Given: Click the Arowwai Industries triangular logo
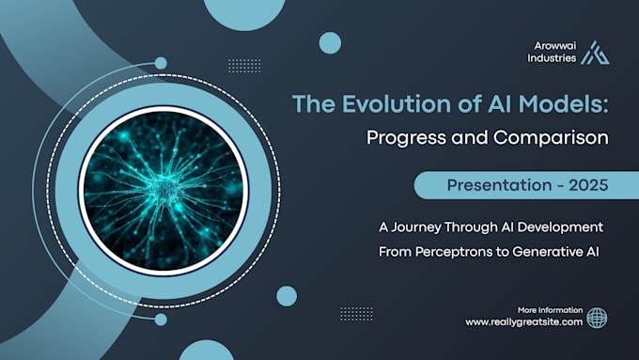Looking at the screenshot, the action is click(596, 53).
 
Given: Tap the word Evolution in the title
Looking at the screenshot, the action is click(397, 103).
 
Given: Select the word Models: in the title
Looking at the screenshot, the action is click(563, 103).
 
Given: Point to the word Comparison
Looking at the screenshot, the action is click(551, 138).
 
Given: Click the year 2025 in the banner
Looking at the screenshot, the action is click(588, 185).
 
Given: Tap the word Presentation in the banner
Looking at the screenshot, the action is click(499, 185).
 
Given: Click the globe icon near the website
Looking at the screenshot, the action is click(597, 318).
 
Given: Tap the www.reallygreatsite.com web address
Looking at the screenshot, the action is click(524, 322).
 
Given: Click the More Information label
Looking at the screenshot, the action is click(550, 310).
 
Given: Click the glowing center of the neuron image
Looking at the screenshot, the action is click(164, 191).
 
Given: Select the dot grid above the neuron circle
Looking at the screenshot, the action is click(244, 66).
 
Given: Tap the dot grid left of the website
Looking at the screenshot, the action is click(356, 314).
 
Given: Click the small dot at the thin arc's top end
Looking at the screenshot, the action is click(161, 63).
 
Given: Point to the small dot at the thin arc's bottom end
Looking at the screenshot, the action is click(161, 320).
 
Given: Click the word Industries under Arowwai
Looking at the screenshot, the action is click(552, 58).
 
